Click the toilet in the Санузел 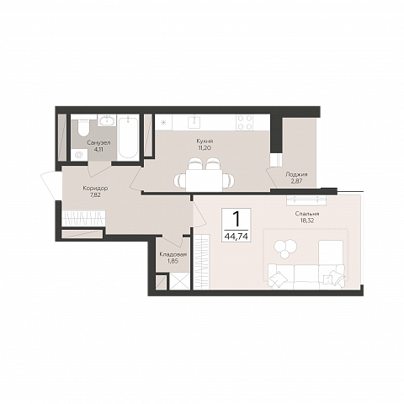[x=83, y=128]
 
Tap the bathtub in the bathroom [x=128, y=137]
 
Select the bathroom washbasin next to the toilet [x=107, y=120]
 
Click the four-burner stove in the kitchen [x=245, y=123]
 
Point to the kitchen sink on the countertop [x=194, y=121]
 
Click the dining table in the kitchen [x=204, y=180]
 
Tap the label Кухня [x=205, y=141]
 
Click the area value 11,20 [x=205, y=148]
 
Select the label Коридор [x=95, y=189]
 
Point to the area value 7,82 [x=95, y=195]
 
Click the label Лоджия [x=296, y=174]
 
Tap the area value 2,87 [x=296, y=181]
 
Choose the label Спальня [x=307, y=214]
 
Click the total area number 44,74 [x=236, y=237]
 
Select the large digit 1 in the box [x=237, y=219]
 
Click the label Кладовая [x=173, y=254]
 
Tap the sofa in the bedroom [x=306, y=277]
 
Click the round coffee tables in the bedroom [x=285, y=248]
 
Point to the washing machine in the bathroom [x=79, y=155]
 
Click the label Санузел [x=98, y=142]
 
